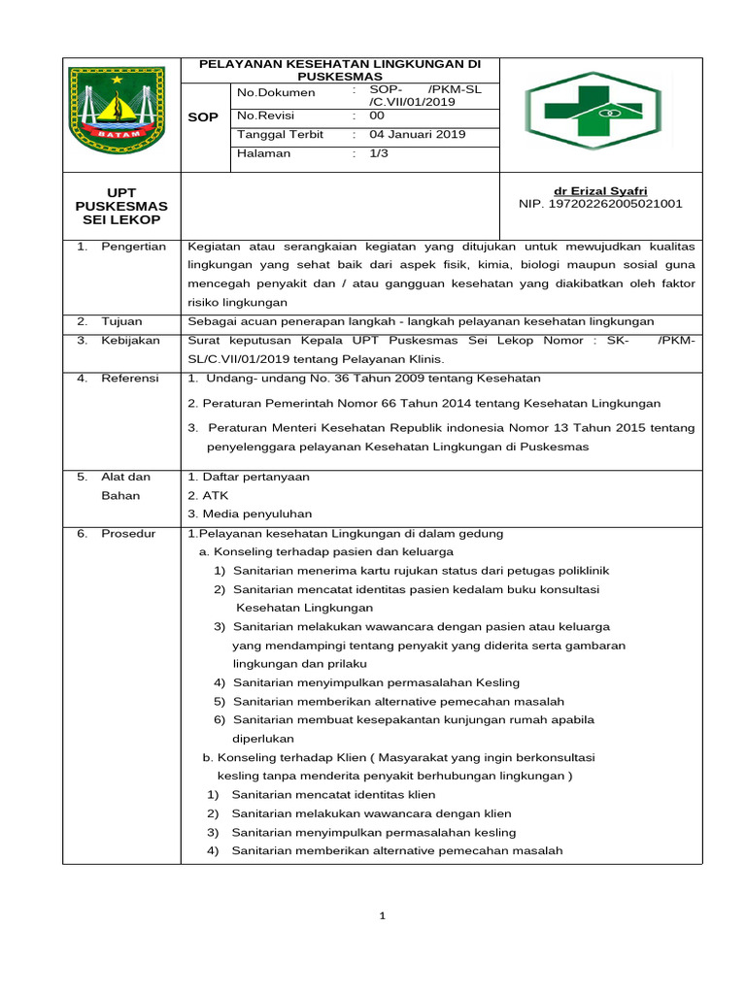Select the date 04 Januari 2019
[417, 134]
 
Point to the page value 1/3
[379, 153]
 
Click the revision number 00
[378, 115]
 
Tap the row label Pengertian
[134, 247]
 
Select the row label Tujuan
[122, 321]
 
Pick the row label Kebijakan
[129, 341]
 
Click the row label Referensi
[130, 378]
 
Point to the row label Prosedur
[128, 533]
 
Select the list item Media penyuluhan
[251, 514]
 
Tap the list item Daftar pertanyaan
[249, 477]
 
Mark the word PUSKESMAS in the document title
[340, 76]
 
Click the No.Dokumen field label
[277, 92]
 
